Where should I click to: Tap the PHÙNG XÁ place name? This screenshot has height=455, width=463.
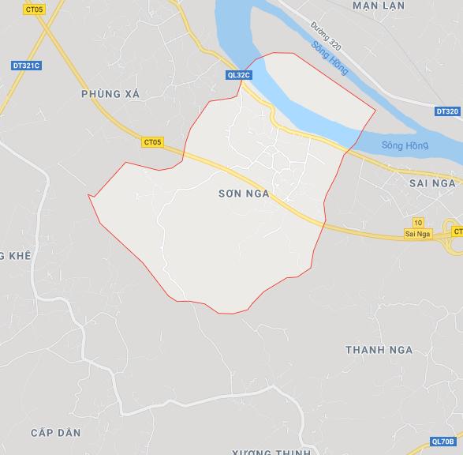pos(110,94)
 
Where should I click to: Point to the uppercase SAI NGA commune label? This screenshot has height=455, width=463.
pos(433,182)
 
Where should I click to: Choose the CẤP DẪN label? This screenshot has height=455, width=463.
pos(56,433)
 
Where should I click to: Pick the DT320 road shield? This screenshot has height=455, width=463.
pos(446,111)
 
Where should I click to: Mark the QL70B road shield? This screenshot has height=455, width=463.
pos(442,442)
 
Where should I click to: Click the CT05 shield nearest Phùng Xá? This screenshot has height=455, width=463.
pos(152,142)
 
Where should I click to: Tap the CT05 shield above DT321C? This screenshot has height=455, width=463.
pos(33,9)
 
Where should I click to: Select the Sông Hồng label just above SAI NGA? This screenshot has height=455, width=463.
pos(403,145)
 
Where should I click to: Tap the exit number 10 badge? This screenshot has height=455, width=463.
pos(417,223)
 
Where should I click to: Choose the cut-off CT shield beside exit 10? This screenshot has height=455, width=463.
pos(457,231)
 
